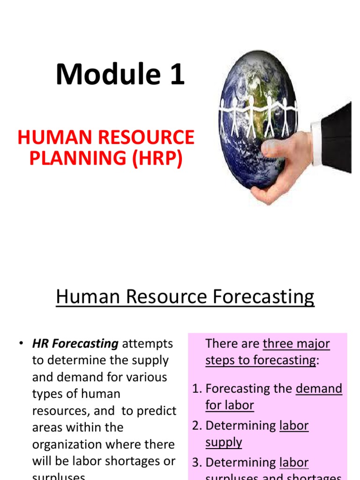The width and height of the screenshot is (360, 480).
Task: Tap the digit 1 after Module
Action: click(x=177, y=75)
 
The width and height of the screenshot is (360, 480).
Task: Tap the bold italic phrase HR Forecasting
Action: click(x=75, y=344)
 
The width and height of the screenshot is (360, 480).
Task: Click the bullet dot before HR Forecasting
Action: click(x=22, y=344)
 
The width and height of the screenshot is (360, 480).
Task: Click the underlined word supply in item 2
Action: click(x=224, y=442)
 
